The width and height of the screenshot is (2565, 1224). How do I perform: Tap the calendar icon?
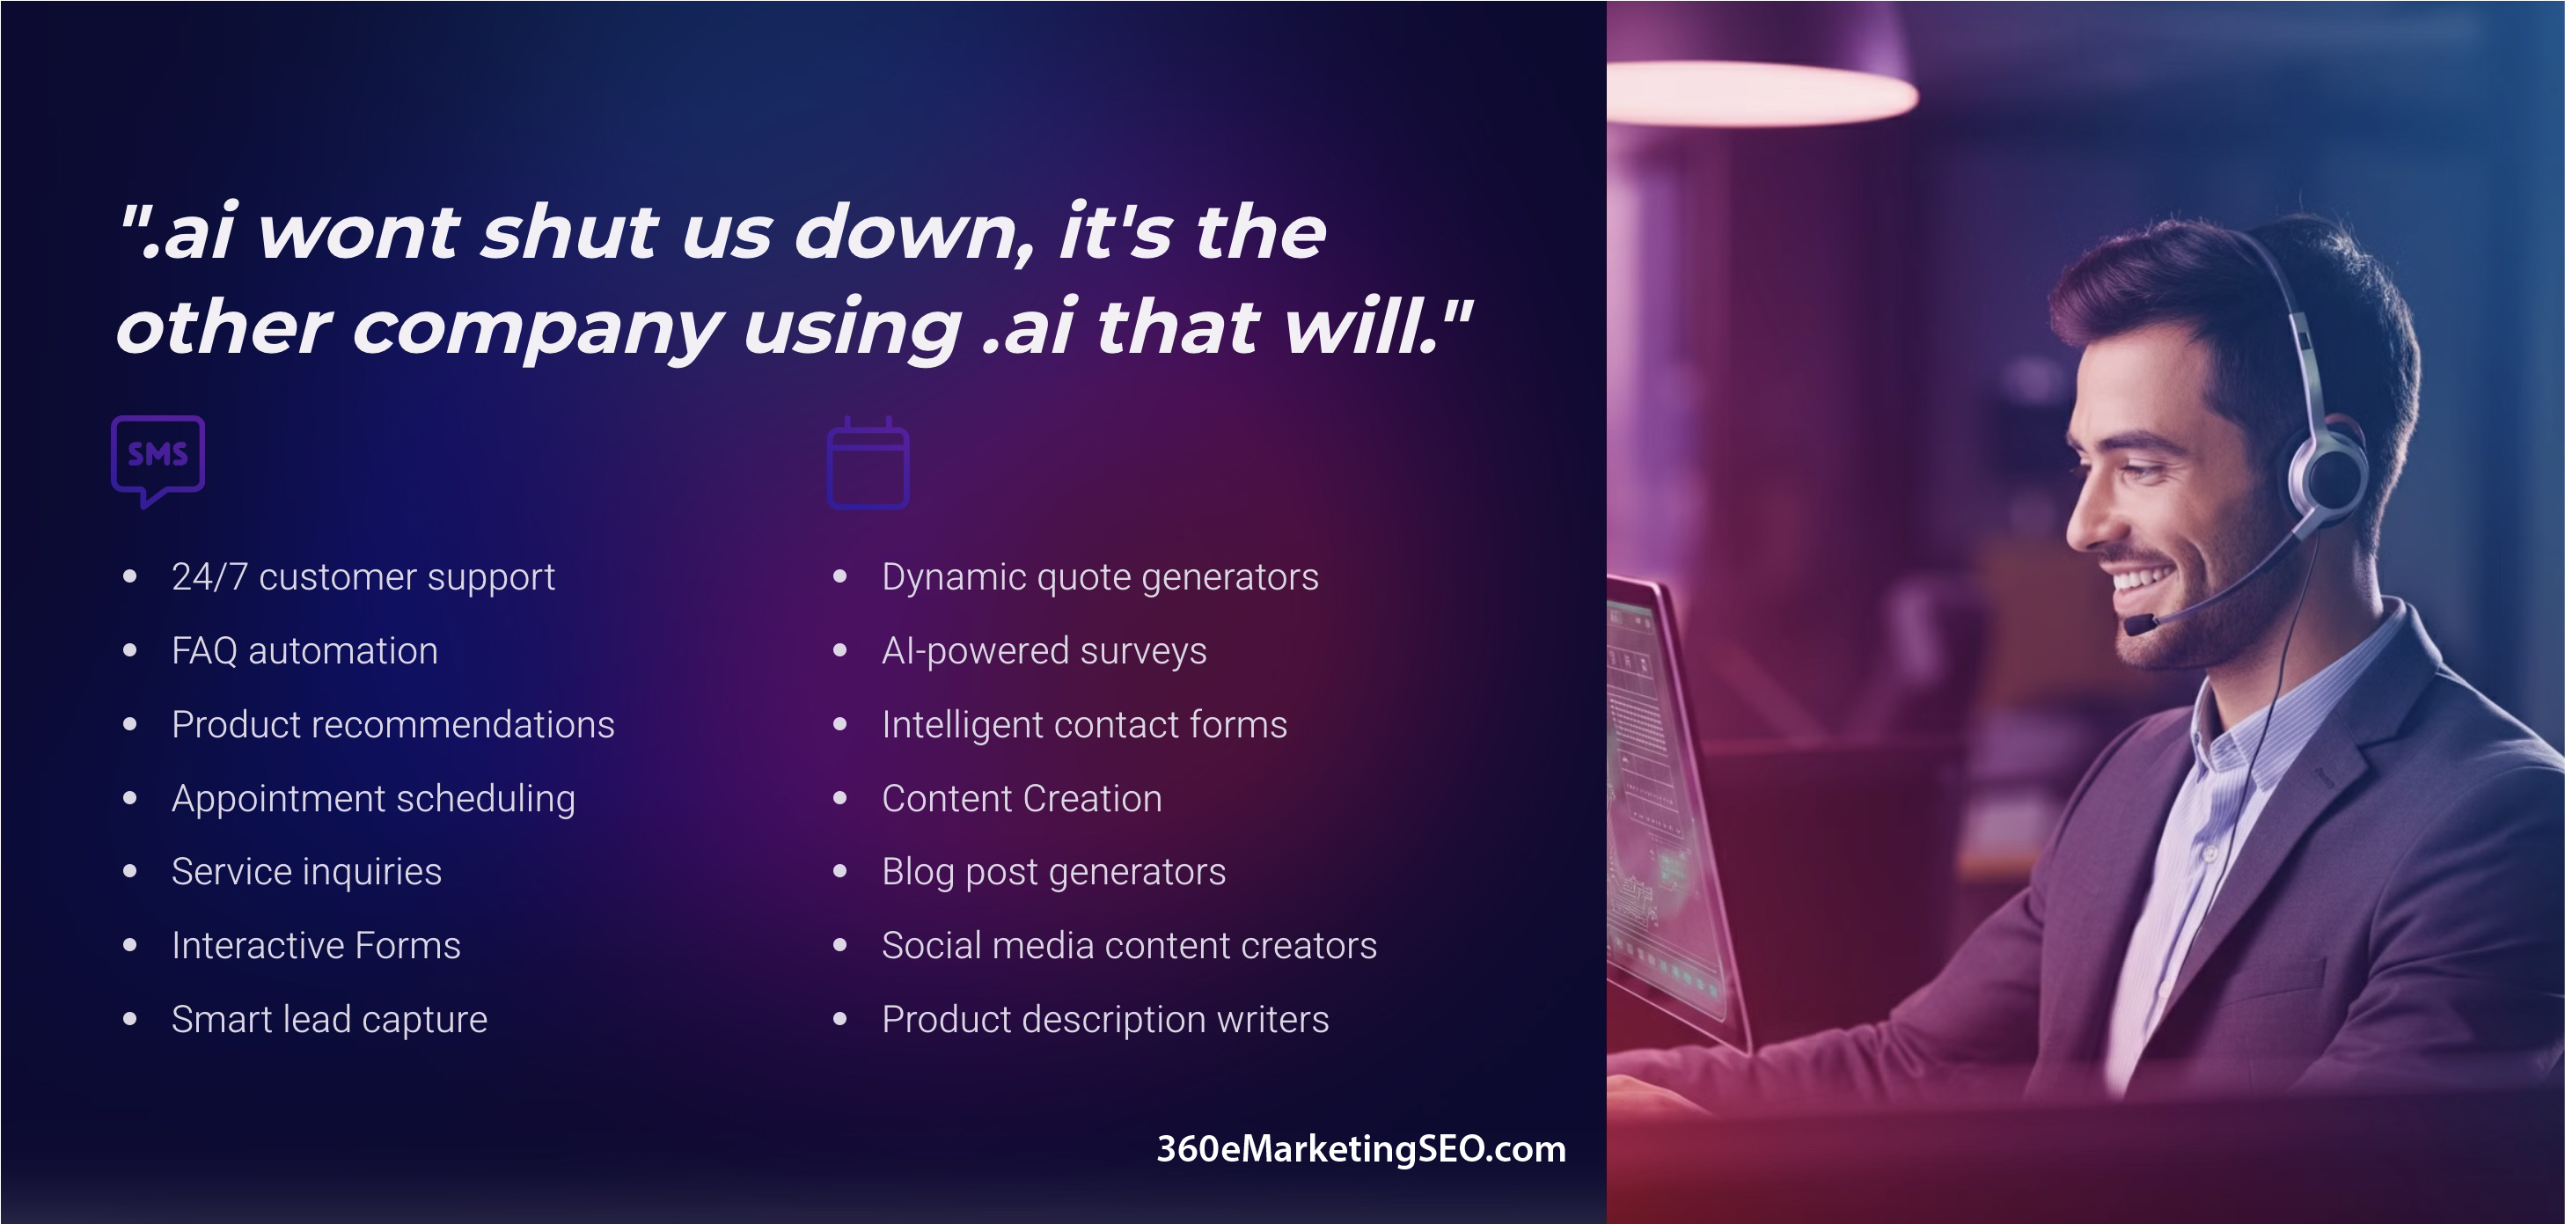click(868, 463)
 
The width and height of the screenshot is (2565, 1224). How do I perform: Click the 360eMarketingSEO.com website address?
click(1361, 1148)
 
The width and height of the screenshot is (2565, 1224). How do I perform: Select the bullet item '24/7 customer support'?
click(363, 576)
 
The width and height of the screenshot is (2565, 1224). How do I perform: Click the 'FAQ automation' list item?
click(304, 650)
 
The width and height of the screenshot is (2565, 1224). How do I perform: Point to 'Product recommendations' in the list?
click(393, 724)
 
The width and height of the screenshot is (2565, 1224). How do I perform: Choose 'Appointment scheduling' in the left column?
click(373, 799)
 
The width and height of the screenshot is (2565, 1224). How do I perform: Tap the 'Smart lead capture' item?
click(330, 1020)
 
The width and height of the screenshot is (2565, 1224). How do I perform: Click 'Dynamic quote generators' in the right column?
click(1100, 576)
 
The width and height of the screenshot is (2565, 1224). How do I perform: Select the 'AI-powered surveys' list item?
click(1044, 650)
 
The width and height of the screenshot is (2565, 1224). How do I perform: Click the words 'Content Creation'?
click(1022, 798)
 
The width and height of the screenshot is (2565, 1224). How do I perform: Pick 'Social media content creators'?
click(1129, 945)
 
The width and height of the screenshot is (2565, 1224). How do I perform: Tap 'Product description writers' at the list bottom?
click(1105, 1020)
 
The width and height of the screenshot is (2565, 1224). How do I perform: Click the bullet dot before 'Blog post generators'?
click(840, 871)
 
